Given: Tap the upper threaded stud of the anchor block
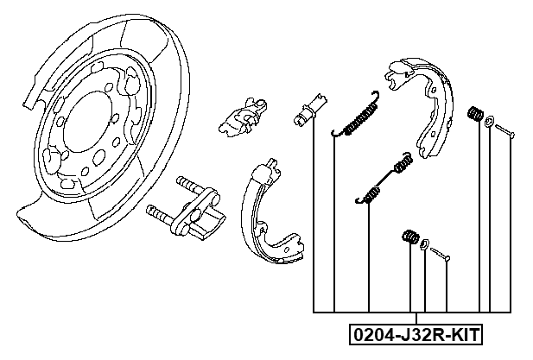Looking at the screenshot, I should (x=187, y=186).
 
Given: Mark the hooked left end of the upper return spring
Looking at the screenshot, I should (x=336, y=132).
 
